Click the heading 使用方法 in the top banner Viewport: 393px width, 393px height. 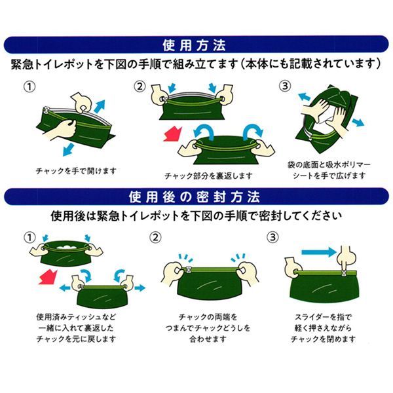tap(195, 45)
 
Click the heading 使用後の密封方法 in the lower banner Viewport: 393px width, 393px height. tap(195, 197)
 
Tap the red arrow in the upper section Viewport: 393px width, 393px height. tap(173, 134)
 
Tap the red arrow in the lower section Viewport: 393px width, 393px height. tap(48, 277)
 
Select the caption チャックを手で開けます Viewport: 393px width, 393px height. tap(76, 171)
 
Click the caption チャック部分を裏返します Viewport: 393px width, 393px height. tap(208, 176)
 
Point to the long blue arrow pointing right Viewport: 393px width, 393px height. tap(318, 252)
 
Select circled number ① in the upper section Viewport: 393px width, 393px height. tap(29, 87)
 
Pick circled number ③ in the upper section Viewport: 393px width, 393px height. tap(285, 86)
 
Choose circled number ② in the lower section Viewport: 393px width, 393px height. tap(155, 237)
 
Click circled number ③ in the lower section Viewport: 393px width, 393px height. tap(272, 237)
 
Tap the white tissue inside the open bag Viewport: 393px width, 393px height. tap(67, 247)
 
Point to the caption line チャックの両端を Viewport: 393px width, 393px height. tap(208, 317)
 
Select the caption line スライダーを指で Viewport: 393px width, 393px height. tap(324, 317)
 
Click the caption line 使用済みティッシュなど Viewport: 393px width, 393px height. tap(76, 317)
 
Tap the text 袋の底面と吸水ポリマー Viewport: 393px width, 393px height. tap(329, 165)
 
